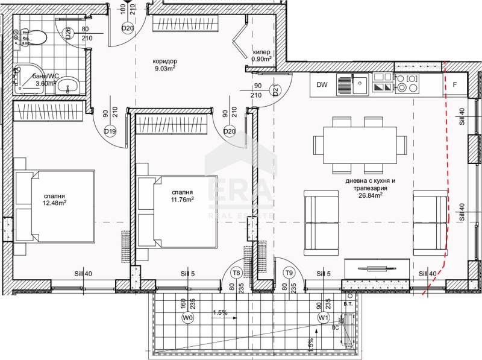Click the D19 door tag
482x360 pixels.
click(110, 131)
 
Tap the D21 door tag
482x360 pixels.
click(275, 90)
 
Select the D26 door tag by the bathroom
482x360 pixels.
click(69, 33)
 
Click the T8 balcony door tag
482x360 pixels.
click(237, 273)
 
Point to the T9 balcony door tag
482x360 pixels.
click(289, 273)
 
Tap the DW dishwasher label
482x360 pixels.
click(322, 85)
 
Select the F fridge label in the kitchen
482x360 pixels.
click(455, 85)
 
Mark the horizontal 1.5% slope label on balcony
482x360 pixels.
click(220, 313)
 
